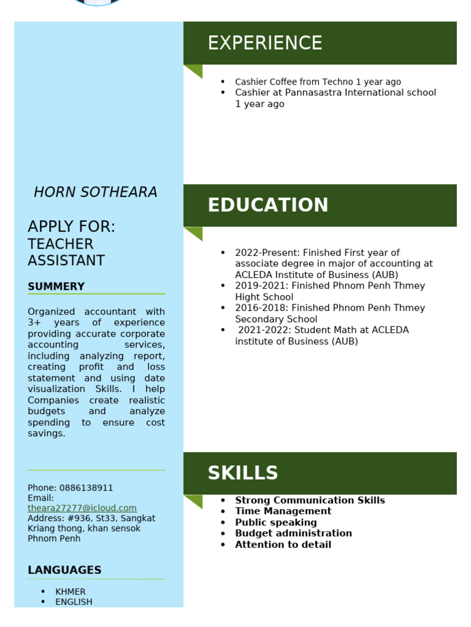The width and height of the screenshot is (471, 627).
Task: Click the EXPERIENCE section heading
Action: coord(264,43)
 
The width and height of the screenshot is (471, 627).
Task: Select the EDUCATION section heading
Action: coord(267,205)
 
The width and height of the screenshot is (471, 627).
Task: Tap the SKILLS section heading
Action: coord(242,473)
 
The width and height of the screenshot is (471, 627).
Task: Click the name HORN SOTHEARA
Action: coord(96,192)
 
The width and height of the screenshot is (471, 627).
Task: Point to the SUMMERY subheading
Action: coord(56,287)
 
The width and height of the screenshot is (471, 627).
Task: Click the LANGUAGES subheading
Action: coord(64,570)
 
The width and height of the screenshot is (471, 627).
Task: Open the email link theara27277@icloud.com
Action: coord(82,508)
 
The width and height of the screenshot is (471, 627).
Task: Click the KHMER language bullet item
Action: coord(70,591)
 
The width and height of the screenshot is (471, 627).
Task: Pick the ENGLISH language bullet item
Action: coord(74,602)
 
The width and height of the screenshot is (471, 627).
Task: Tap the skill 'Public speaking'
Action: coord(275,522)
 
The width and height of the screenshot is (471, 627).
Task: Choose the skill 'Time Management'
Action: coord(283,511)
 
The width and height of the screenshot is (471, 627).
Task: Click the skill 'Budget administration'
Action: coord(293,533)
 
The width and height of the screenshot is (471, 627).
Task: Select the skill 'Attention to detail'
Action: coord(283,544)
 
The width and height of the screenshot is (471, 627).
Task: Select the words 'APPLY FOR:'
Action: coord(71,227)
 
